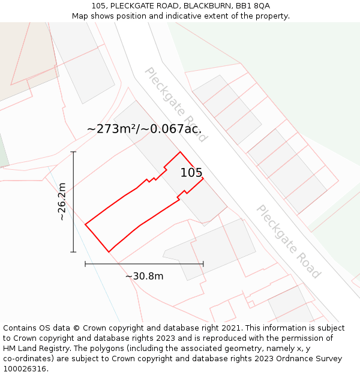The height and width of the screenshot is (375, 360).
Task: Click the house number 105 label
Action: pyautogui.click(x=191, y=173)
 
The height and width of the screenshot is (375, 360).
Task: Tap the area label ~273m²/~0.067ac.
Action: pyautogui.click(x=144, y=128)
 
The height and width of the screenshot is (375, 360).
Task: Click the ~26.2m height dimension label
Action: pyautogui.click(x=62, y=202)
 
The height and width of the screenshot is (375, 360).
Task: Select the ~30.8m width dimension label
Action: pyautogui.click(x=144, y=276)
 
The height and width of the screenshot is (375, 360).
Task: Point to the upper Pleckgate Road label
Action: pyautogui.click(x=175, y=104)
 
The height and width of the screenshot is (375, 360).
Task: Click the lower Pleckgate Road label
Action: pyautogui.click(x=288, y=241)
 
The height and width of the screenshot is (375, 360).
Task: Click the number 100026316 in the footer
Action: pyautogui.click(x=25, y=369)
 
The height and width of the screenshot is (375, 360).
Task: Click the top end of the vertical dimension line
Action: pyautogui.click(x=73, y=152)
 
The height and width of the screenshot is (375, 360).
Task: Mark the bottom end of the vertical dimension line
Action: pyautogui.click(x=73, y=252)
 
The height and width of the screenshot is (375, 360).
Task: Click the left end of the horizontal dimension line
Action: pyautogui.click(x=85, y=263)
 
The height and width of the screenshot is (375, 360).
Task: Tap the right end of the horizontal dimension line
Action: pyautogui.click(x=203, y=263)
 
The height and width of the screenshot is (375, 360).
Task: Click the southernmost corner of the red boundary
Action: pyautogui.click(x=109, y=252)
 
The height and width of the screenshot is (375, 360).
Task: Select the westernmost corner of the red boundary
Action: pyautogui.click(x=85, y=225)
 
